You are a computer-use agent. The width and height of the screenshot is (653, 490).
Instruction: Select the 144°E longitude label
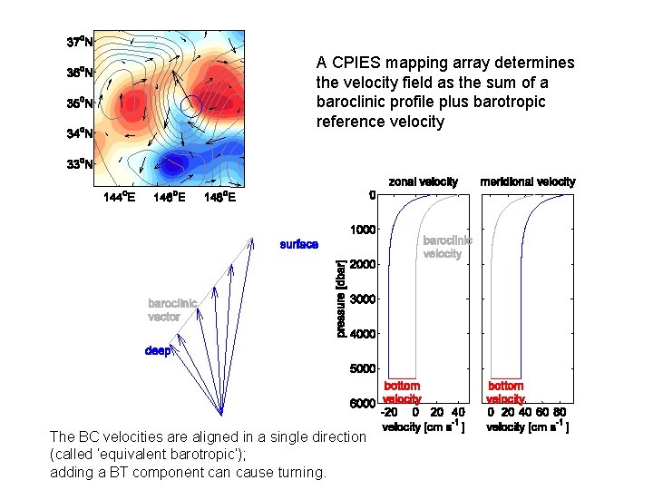pyautogui.click(x=119, y=198)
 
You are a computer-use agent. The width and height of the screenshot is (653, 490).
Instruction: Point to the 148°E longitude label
pyautogui.click(x=219, y=198)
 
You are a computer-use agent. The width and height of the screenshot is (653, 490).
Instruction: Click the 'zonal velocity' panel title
pyautogui.click(x=424, y=182)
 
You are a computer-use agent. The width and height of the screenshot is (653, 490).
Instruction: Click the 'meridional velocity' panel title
pyautogui.click(x=527, y=182)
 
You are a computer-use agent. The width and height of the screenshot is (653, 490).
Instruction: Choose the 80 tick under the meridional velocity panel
pyautogui.click(x=560, y=412)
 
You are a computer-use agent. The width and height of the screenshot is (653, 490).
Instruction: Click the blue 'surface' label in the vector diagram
pyautogui.click(x=298, y=244)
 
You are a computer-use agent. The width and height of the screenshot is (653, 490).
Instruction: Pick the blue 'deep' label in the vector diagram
pyautogui.click(x=157, y=350)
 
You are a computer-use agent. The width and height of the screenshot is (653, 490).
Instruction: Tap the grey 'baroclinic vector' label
pyautogui.click(x=171, y=310)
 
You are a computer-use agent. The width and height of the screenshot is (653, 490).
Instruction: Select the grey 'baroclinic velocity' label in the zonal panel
pyautogui.click(x=447, y=247)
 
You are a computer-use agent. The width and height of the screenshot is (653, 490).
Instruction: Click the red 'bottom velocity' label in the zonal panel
pyautogui.click(x=402, y=393)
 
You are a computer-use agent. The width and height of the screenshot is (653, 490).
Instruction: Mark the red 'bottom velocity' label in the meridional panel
pyautogui.click(x=505, y=393)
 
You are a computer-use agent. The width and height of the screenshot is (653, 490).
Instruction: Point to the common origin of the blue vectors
pyautogui.click(x=221, y=413)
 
